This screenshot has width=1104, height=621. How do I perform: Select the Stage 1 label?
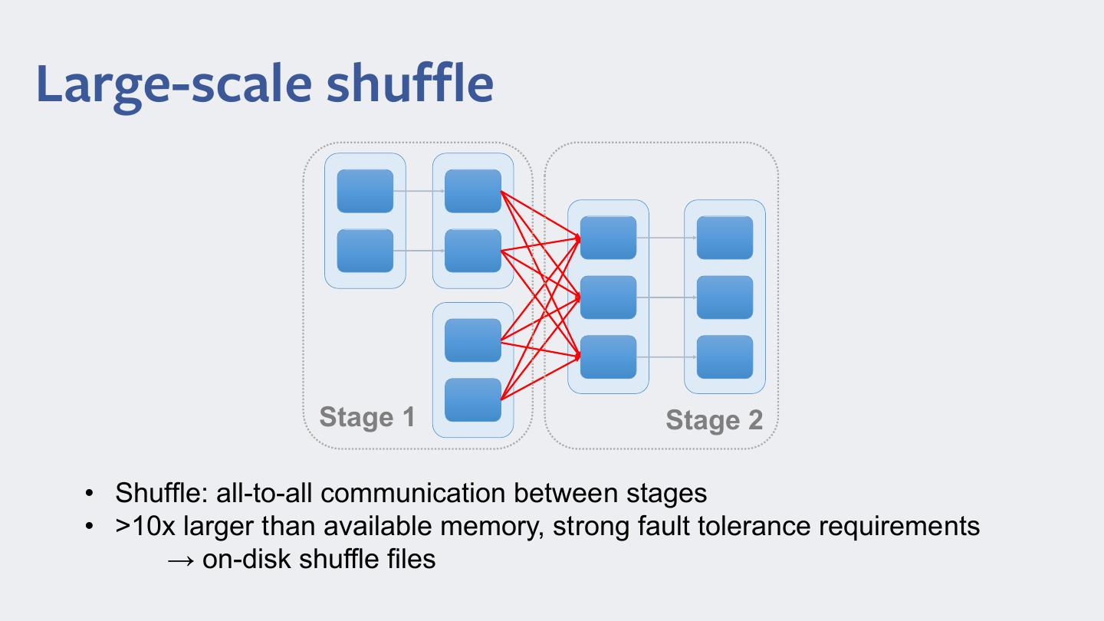367,417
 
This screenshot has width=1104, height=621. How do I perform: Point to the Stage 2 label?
715,420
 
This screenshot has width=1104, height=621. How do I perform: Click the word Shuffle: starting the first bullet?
162,492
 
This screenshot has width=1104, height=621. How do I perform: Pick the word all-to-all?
264,492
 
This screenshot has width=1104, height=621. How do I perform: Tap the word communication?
413,492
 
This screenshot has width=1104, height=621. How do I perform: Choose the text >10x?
145,526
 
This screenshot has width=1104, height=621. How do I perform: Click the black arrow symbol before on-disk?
180,560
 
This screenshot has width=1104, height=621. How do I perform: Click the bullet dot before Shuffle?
89,493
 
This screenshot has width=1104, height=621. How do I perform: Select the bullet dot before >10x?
89,527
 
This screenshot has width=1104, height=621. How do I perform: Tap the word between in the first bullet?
566,492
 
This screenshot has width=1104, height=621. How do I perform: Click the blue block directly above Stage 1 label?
365,251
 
